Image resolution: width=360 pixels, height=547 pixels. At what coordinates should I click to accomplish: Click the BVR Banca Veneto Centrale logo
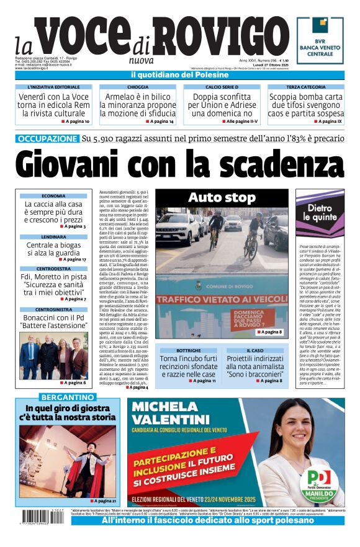(x=319, y=40)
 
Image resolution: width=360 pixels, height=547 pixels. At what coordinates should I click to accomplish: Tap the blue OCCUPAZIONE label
(x=47, y=139)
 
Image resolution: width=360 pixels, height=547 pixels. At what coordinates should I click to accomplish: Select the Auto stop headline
(x=222, y=198)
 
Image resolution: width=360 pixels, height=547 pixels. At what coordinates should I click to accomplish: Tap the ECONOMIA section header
(x=53, y=196)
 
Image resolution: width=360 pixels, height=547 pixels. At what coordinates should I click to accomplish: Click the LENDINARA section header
(x=53, y=237)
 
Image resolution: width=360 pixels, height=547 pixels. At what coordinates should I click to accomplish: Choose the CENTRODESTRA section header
(x=53, y=269)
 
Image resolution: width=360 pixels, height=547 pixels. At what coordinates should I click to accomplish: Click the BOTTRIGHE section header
(x=187, y=350)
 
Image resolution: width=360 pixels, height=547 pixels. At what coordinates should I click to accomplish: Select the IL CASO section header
(x=255, y=350)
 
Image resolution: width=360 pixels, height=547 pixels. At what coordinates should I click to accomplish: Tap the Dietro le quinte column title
(x=322, y=213)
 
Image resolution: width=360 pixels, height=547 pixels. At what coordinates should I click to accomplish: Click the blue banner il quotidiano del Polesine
(x=179, y=76)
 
